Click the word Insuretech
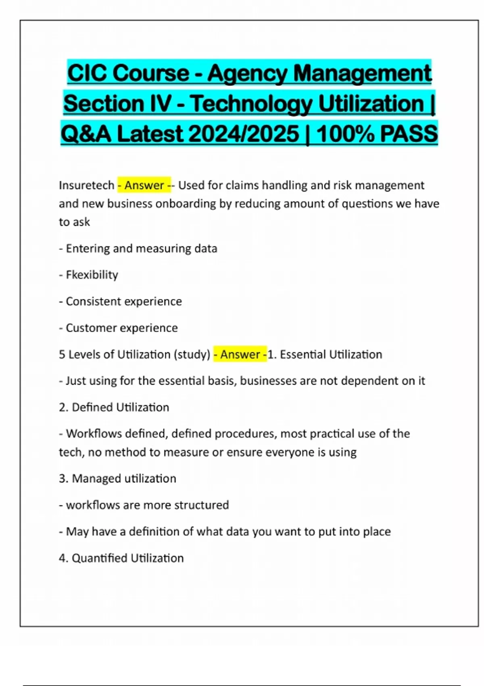[x=86, y=185]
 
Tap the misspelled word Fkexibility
[x=92, y=275]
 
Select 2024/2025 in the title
[x=244, y=134]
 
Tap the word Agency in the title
[x=247, y=73]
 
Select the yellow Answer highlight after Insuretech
[x=144, y=185]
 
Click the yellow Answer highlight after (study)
[x=240, y=354]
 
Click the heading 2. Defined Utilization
[x=114, y=407]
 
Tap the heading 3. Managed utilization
[x=117, y=479]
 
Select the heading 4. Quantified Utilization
[x=121, y=558]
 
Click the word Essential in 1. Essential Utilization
[x=302, y=354]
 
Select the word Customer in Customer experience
[x=88, y=328]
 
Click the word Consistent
[x=93, y=301]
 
